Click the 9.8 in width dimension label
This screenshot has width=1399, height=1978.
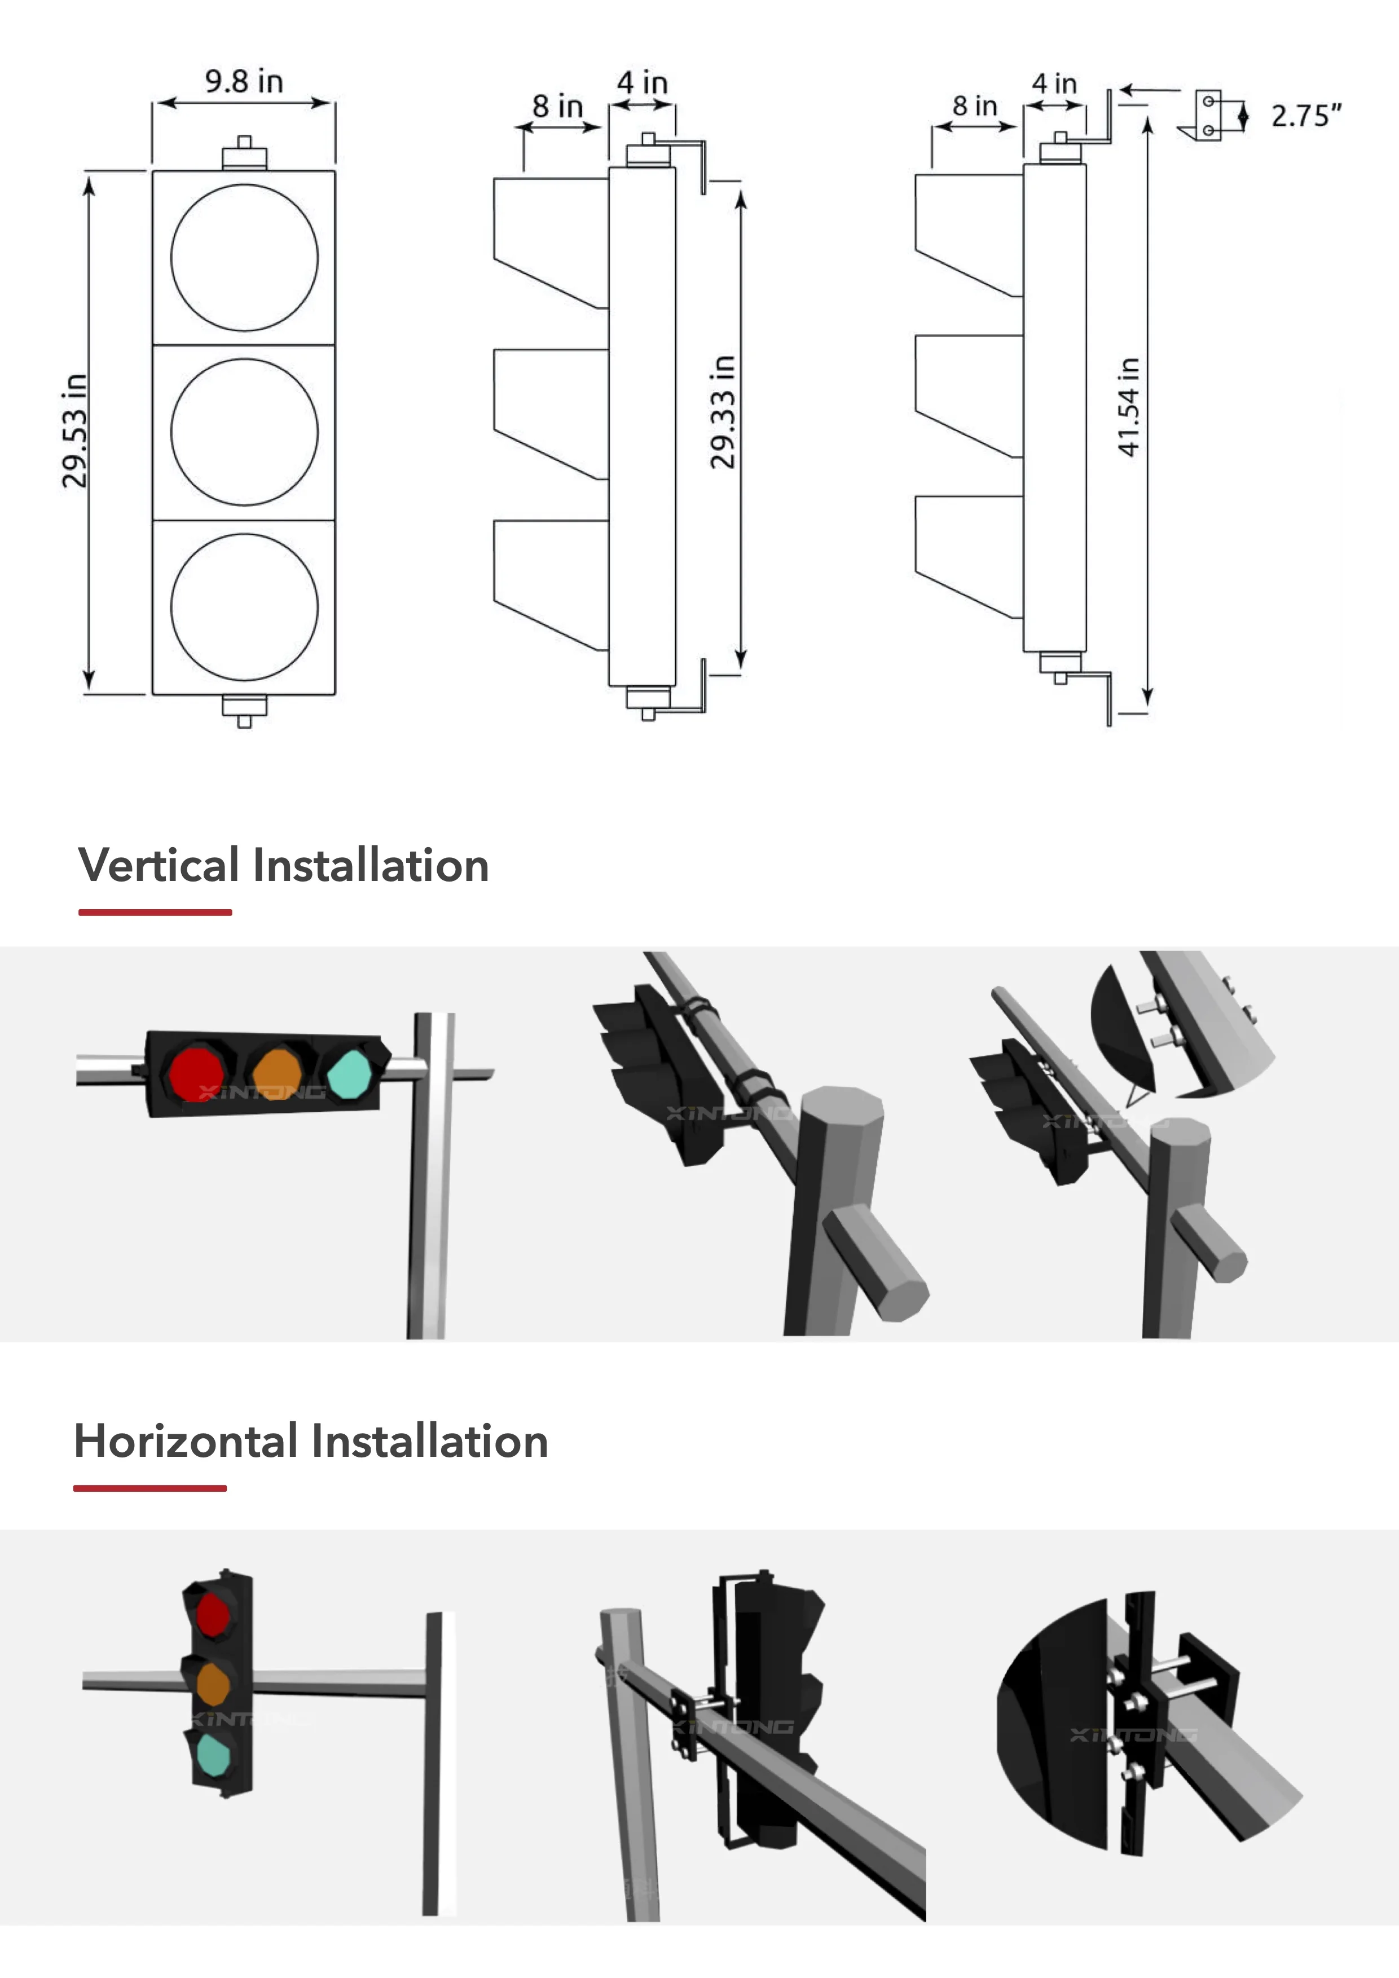click(244, 82)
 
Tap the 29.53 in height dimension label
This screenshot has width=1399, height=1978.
click(75, 431)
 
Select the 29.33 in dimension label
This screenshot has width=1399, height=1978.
click(723, 412)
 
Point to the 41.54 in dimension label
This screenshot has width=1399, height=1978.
click(1128, 407)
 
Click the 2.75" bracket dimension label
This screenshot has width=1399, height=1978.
click(1306, 116)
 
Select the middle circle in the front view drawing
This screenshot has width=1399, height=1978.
click(244, 431)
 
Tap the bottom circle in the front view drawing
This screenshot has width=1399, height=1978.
click(244, 606)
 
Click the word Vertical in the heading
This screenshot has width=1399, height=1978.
click(159, 865)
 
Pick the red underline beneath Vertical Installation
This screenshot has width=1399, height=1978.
click(155, 911)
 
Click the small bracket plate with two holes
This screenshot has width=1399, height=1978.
click(1209, 116)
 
